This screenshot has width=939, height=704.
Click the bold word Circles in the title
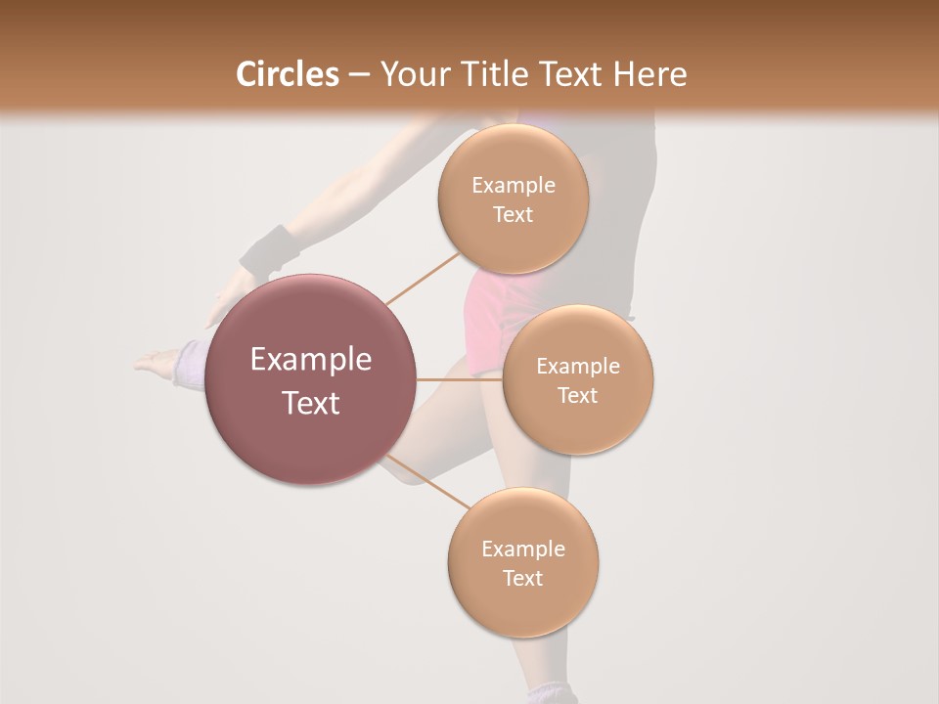tap(287, 74)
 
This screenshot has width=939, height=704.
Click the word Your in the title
tap(415, 74)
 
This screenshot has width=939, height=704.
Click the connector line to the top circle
tap(423, 278)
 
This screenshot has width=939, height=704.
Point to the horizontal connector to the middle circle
tap(460, 379)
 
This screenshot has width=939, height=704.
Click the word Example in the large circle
tap(311, 360)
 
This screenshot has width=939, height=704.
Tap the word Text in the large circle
tap(311, 403)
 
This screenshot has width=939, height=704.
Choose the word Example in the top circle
tap(513, 186)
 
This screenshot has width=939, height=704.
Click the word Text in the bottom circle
tap(522, 578)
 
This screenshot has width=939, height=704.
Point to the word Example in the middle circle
tap(577, 367)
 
